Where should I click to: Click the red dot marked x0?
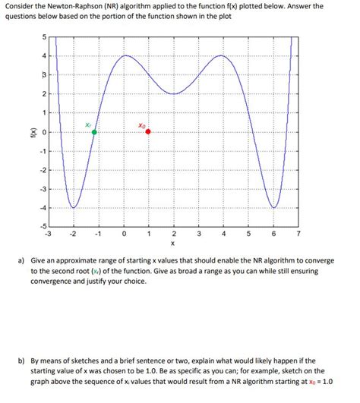click(148, 131)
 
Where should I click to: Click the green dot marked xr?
click(94, 132)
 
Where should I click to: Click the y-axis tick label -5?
click(41, 226)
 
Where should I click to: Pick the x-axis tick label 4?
click(223, 234)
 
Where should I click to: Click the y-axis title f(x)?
click(26, 131)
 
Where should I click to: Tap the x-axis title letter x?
click(173, 244)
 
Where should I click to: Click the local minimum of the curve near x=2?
click(174, 94)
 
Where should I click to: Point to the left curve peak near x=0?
click(125, 55)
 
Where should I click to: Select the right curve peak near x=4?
click(221, 55)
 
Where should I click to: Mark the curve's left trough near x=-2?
click(74, 206)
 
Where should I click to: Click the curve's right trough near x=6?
click(273, 206)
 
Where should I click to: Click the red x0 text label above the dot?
click(142, 124)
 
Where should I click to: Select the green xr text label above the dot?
click(89, 124)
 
